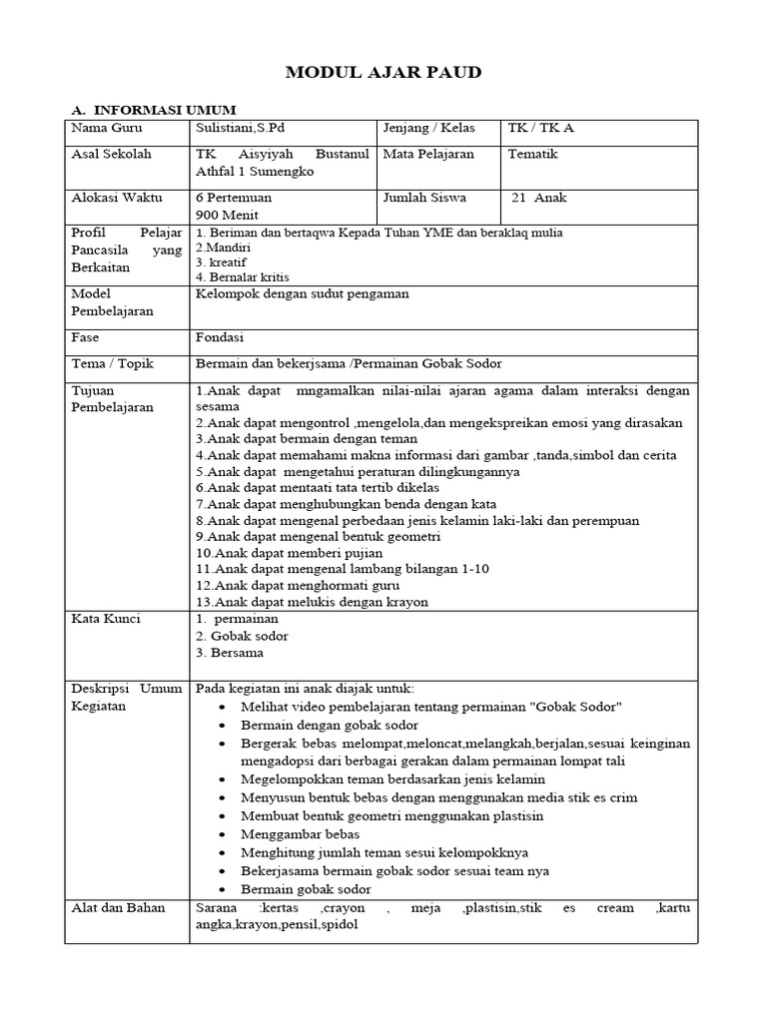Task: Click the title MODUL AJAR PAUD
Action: click(383, 72)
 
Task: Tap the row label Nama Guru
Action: click(107, 129)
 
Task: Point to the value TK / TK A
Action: click(540, 129)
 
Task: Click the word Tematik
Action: click(533, 155)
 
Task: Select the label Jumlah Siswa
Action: click(424, 198)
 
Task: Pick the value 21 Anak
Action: click(538, 198)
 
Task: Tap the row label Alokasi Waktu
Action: click(117, 198)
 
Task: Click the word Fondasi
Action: click(221, 337)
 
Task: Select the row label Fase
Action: click(86, 337)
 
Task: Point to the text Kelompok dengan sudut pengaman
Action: click(303, 293)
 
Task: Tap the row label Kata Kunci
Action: click(106, 619)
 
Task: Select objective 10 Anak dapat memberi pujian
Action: click(290, 552)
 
